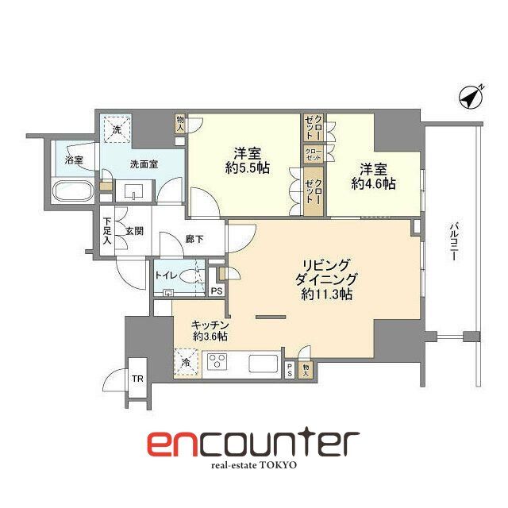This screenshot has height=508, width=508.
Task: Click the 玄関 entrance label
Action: (133, 232)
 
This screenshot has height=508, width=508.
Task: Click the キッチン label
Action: (210, 324)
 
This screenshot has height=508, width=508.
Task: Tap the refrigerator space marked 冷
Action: (185, 362)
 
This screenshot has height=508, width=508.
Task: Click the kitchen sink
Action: (263, 364)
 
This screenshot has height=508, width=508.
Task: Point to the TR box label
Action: (137, 379)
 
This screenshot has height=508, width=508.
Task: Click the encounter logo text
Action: (253, 443)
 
